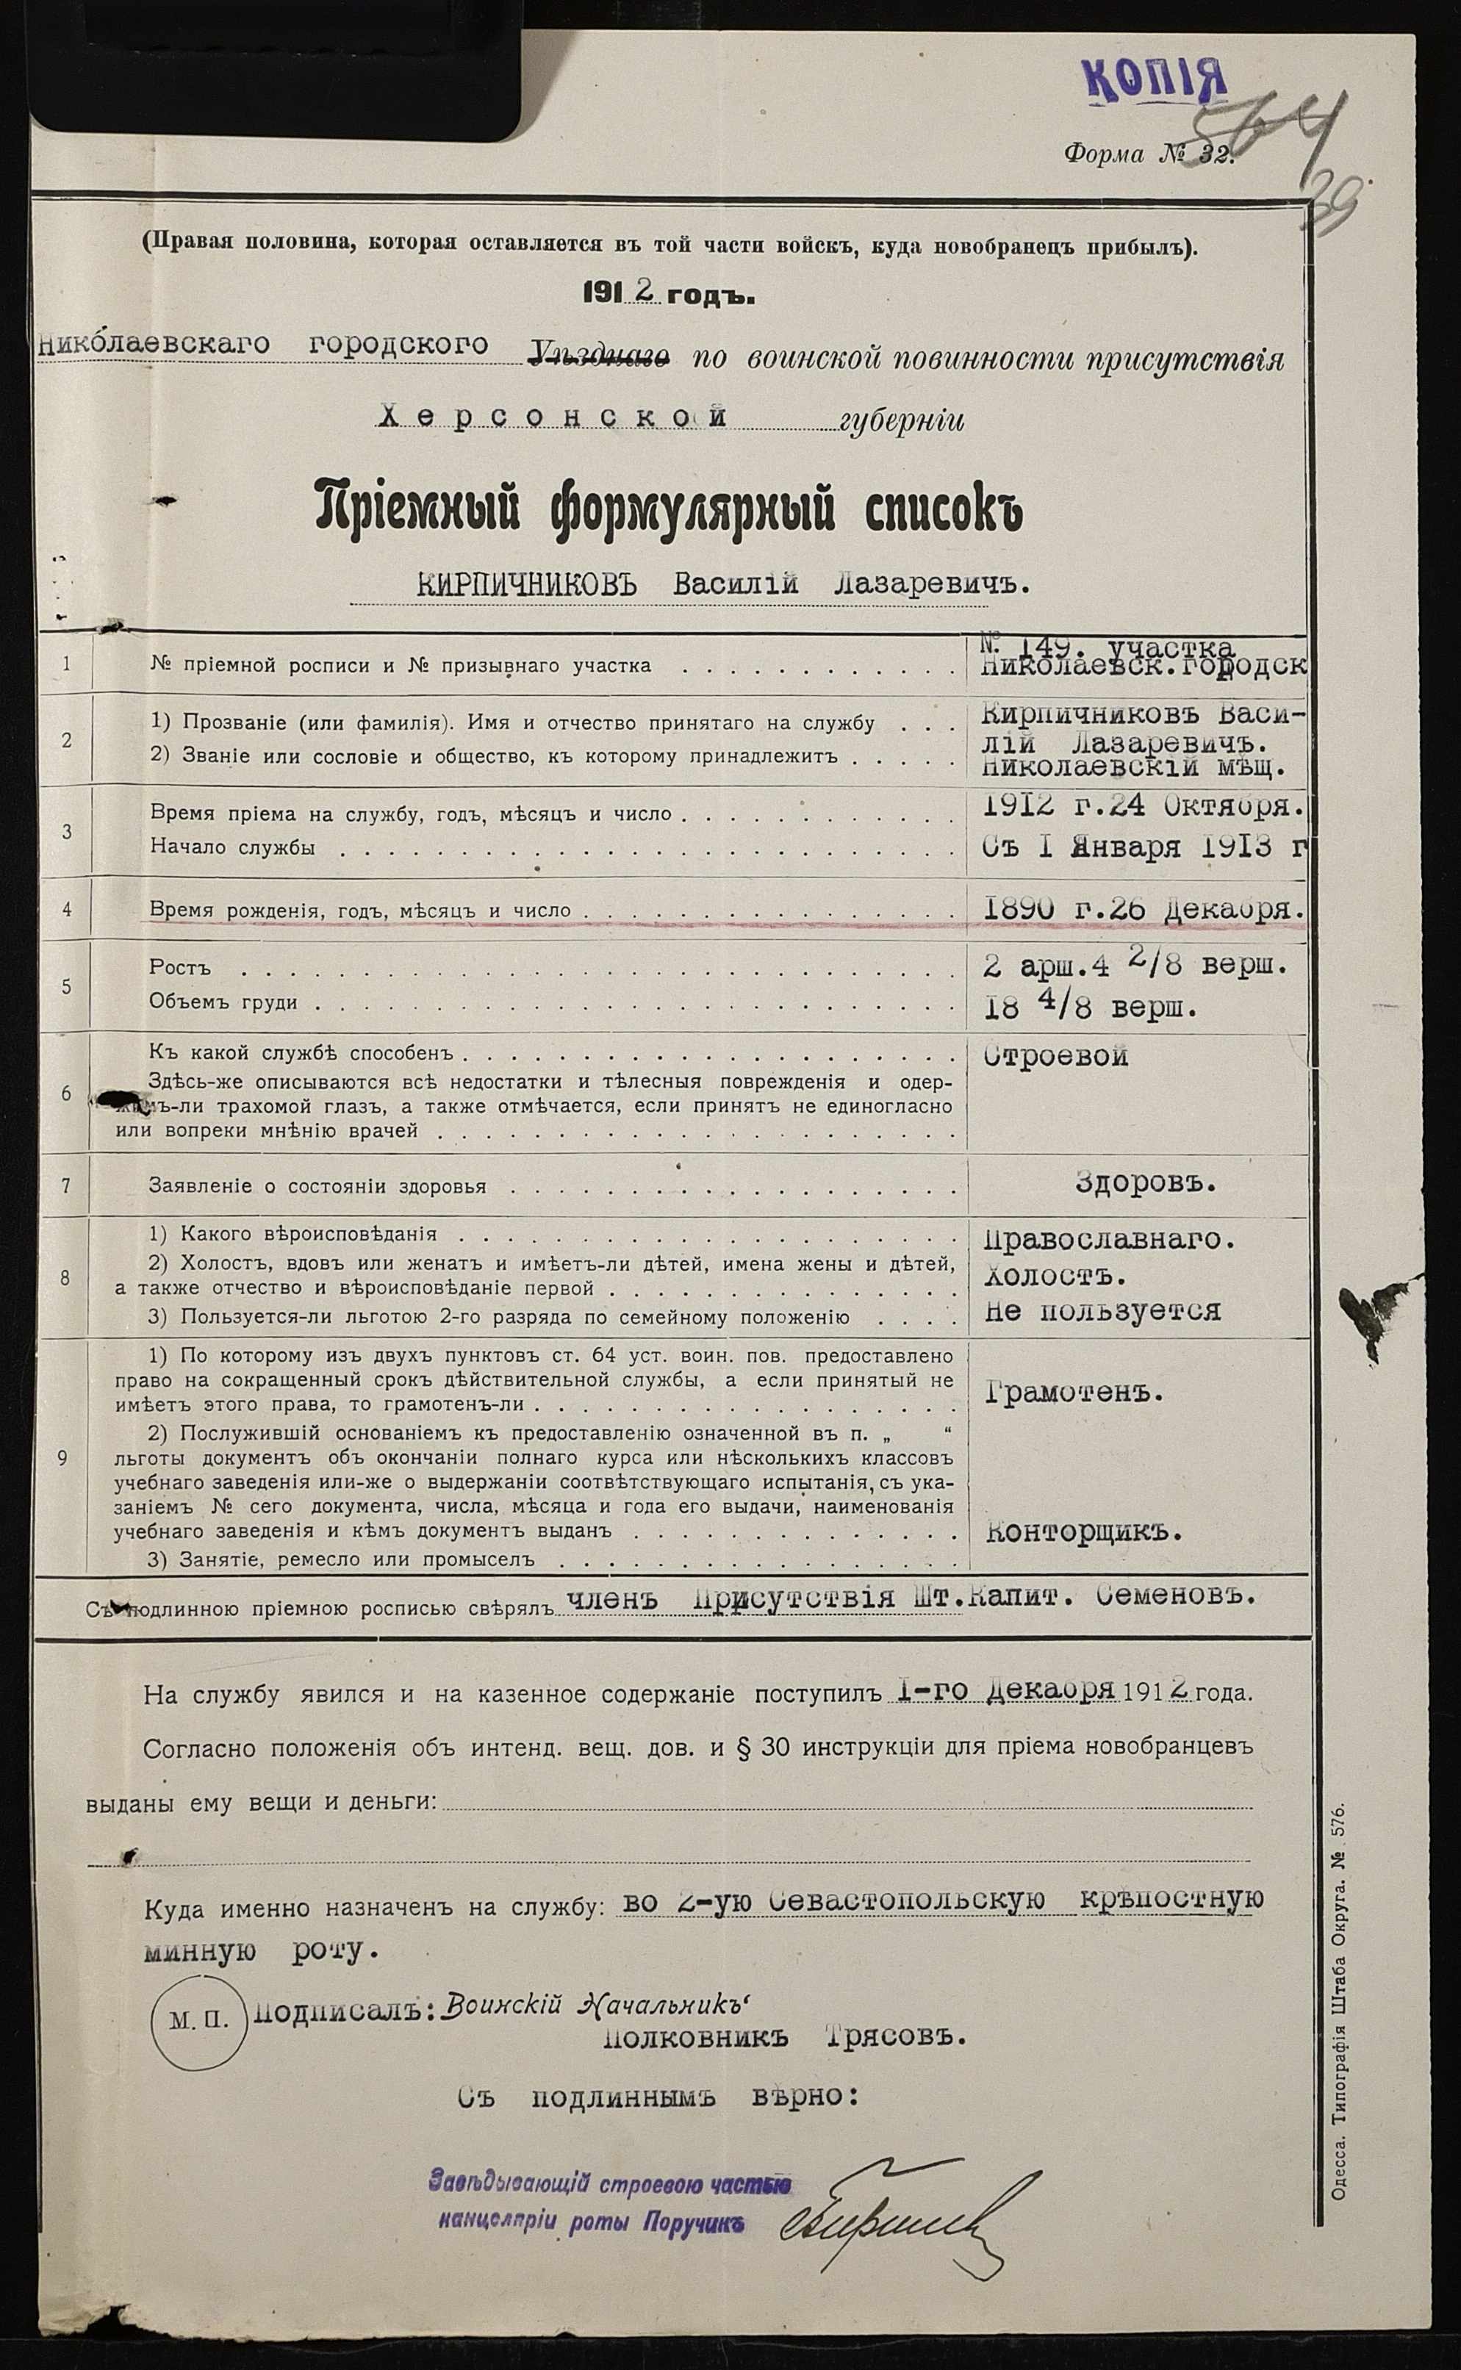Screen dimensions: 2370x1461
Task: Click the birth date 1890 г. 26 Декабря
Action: point(1143,908)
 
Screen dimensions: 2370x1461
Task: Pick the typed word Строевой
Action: point(1055,1056)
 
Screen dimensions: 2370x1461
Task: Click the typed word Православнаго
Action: point(1109,1240)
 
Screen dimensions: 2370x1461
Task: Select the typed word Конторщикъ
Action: point(1083,1531)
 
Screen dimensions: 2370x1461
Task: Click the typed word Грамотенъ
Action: point(1074,1393)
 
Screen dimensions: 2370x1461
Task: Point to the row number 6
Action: point(65,1093)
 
